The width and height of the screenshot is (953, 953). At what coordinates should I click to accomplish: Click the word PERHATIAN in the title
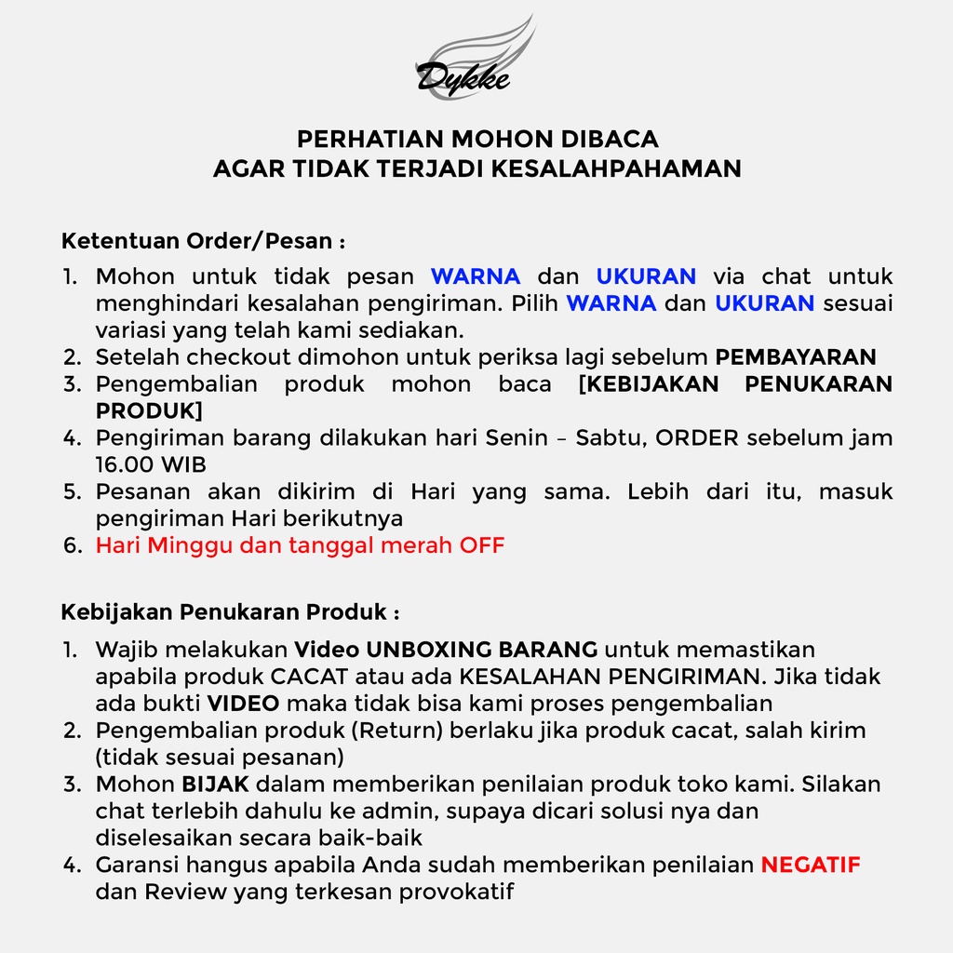(368, 140)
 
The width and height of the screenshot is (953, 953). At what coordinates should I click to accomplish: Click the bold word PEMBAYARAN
(796, 357)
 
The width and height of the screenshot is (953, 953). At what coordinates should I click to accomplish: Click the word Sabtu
(609, 437)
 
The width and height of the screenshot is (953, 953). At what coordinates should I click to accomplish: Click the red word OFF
(482, 545)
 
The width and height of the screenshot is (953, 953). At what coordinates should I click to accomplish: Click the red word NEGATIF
(811, 865)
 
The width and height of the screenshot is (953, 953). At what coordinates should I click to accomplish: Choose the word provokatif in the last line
(456, 892)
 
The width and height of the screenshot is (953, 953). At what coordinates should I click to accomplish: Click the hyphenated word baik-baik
(372, 838)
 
